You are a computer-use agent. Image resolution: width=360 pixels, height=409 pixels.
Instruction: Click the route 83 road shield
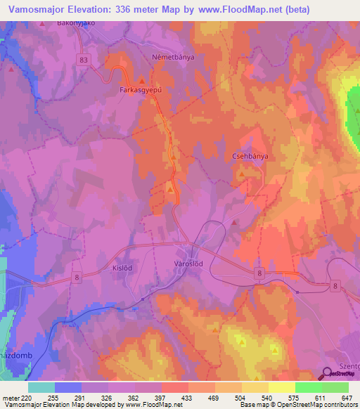pos(85,60)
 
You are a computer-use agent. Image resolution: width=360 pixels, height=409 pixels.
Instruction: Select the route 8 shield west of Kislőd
pos(77,278)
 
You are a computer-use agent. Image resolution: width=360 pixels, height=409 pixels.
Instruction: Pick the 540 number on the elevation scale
pos(265,398)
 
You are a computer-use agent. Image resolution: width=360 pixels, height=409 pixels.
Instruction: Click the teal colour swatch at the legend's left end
pos(41,387)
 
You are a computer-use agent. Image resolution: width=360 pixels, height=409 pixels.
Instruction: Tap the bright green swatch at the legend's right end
pos(335,387)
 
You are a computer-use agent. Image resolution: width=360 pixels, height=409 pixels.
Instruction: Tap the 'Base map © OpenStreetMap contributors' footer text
pos(300,405)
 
